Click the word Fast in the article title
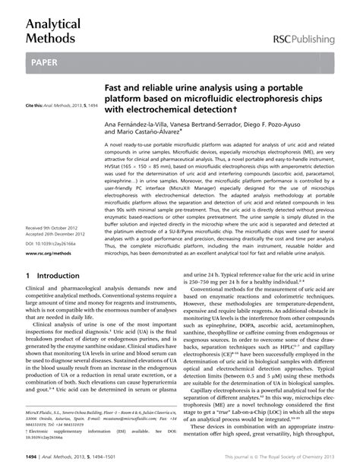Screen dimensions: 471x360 (114, 90)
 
